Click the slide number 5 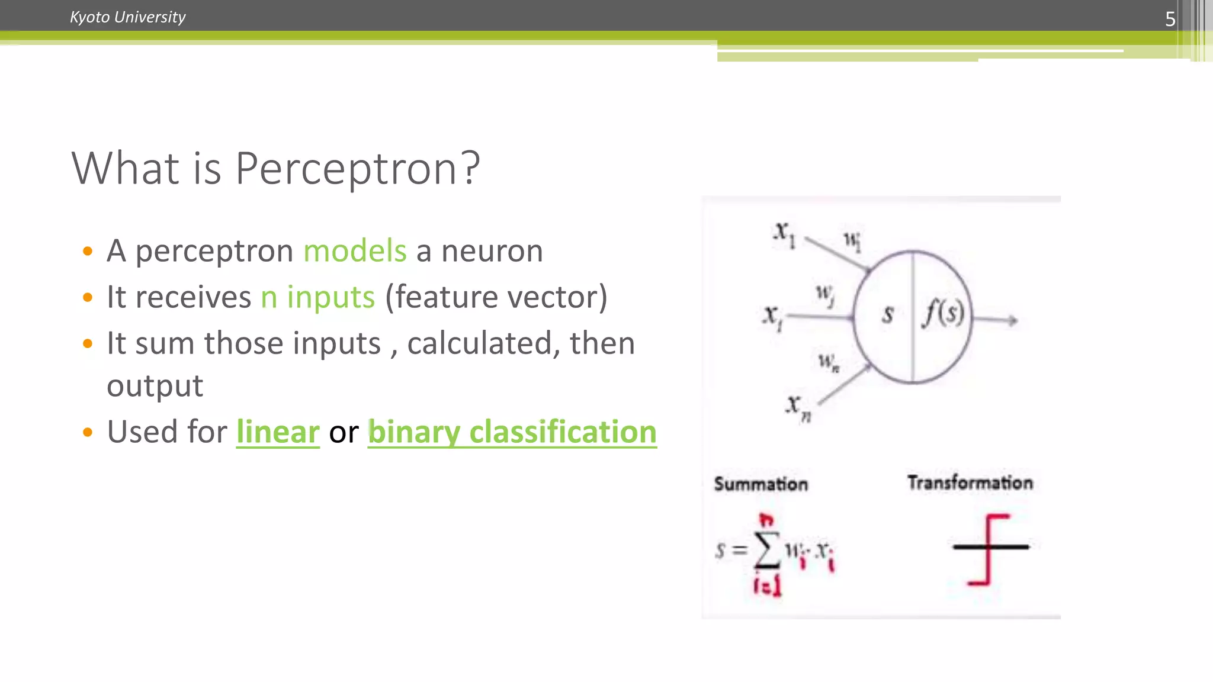click(1170, 19)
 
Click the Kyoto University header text click(127, 17)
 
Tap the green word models click(355, 250)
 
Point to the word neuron click(492, 250)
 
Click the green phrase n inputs click(318, 297)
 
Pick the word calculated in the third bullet click(480, 343)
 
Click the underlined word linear click(278, 432)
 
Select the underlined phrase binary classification click(512, 432)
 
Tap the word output click(155, 386)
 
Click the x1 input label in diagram click(784, 234)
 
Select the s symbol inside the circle click(887, 314)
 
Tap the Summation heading click(760, 484)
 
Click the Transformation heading click(970, 482)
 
